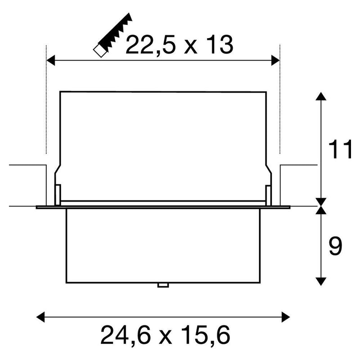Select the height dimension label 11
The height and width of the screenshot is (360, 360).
[340, 151]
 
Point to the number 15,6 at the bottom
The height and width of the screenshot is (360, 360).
[208, 335]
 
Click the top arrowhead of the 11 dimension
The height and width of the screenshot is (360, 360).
[320, 96]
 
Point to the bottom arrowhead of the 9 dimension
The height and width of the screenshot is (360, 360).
[320, 281]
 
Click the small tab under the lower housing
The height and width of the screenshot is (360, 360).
[162, 285]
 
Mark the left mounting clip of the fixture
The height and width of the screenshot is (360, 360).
[58, 193]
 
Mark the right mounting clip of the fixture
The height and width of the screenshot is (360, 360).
[268, 193]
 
